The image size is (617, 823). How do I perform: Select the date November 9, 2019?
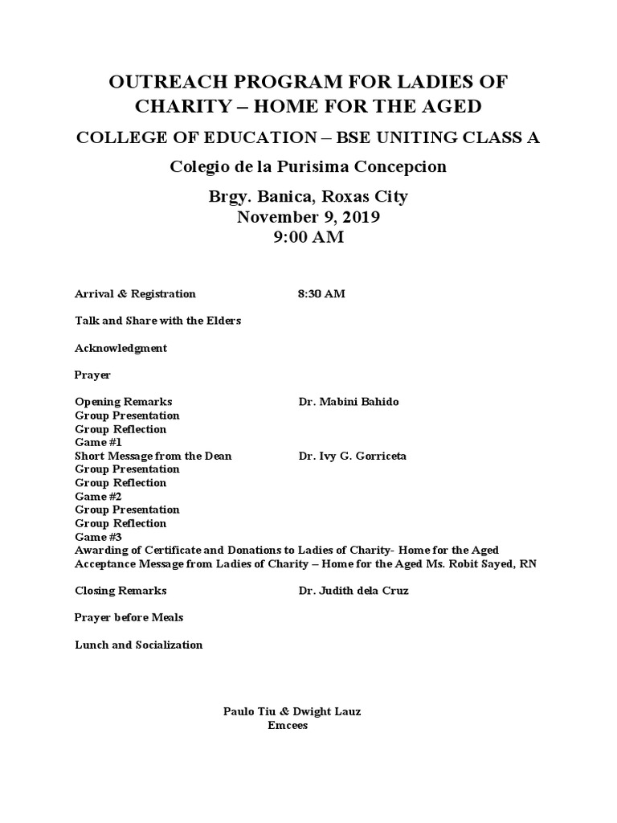(308, 217)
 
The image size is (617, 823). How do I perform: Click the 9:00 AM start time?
(308, 237)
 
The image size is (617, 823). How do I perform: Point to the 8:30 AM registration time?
(321, 294)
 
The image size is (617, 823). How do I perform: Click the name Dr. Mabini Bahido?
(348, 402)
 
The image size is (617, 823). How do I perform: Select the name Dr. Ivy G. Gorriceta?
(352, 456)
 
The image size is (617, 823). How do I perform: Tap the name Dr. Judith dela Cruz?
(353, 591)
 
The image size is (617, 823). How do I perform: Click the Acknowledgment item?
(121, 348)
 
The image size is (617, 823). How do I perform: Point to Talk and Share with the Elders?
(157, 321)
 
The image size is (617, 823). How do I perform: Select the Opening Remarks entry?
(123, 402)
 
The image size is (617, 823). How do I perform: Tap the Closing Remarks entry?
(121, 591)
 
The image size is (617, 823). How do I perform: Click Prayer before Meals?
(129, 617)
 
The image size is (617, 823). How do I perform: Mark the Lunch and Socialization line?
(138, 645)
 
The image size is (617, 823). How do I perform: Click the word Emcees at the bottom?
(288, 725)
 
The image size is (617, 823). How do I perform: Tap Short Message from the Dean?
(153, 456)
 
